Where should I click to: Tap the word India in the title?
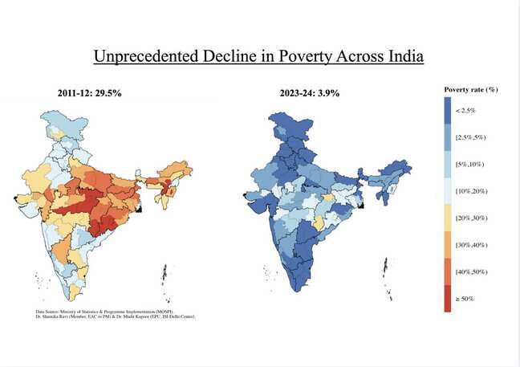(x=400, y=57)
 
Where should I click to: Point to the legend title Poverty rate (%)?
(x=471, y=89)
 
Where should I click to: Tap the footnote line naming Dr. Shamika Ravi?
(x=116, y=316)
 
